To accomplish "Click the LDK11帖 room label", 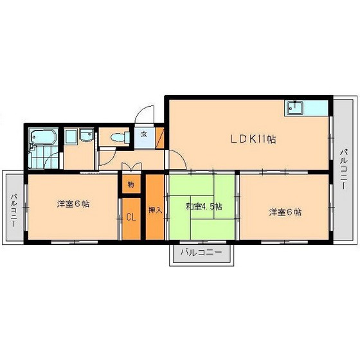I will click(254, 138).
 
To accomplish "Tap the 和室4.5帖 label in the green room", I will click(204, 207).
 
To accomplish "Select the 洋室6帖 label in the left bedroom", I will click(73, 204).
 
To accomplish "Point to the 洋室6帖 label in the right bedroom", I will click(285, 212).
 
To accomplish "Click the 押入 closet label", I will click(155, 210).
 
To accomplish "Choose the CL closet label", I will click(130, 217).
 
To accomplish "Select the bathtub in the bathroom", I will click(42, 137).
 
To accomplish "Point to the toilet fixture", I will click(118, 137).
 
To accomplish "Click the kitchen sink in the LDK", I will click(295, 107).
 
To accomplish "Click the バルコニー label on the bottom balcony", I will click(201, 251).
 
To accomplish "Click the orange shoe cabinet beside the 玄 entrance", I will click(160, 136).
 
